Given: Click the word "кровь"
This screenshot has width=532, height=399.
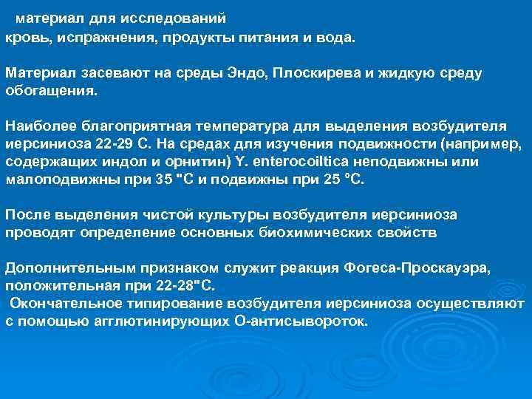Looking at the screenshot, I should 24,36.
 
